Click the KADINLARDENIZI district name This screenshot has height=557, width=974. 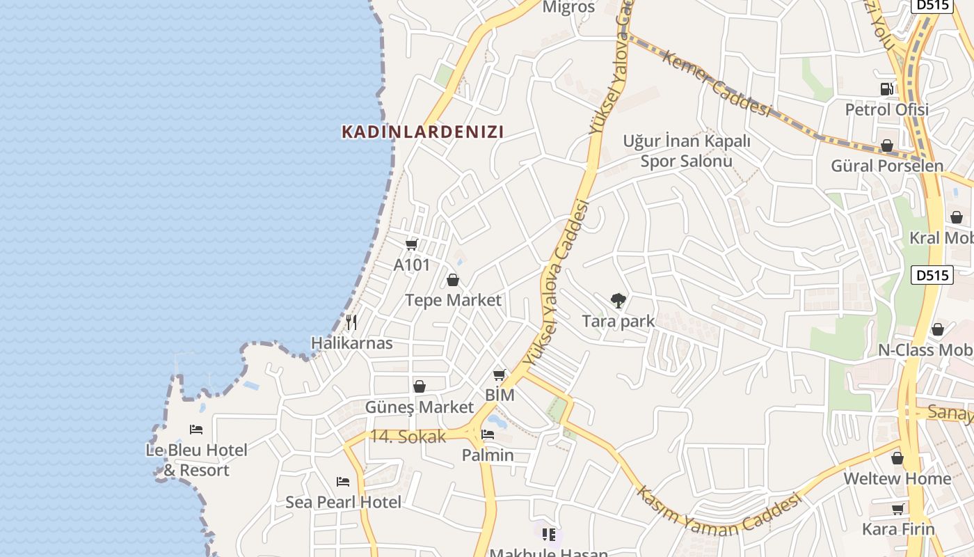[x=422, y=132]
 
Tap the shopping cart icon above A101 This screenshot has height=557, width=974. [x=411, y=244]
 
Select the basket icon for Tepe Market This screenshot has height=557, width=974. [x=453, y=280]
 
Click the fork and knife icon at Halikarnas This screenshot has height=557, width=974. [x=351, y=322]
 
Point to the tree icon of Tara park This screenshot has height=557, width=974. [x=618, y=301]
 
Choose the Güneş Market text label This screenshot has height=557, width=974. [x=419, y=407]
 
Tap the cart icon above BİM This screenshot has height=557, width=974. [x=500, y=375]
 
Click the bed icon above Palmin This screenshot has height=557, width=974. [x=488, y=434]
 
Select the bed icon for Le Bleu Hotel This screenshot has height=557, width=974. [x=196, y=430]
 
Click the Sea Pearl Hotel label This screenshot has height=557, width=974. [x=343, y=502]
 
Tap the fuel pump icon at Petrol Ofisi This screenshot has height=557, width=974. [x=886, y=89]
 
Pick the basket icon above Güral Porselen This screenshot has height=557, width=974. [x=887, y=146]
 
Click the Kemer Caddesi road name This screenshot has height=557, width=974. [x=717, y=84]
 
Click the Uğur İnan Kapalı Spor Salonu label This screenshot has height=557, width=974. [x=687, y=151]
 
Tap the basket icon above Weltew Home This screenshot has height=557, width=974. [x=897, y=458]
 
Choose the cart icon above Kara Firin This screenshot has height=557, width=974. [x=898, y=509]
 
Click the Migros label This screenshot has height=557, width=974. [x=568, y=8]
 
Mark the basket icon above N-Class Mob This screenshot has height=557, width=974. [x=938, y=329]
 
